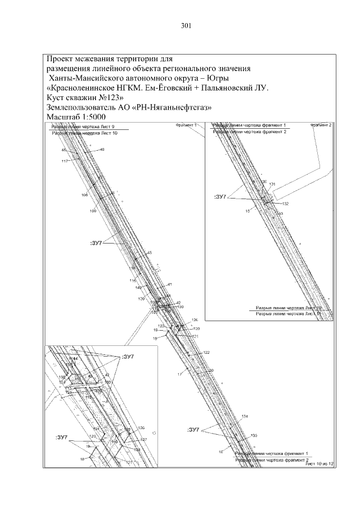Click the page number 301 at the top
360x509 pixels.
[x=187, y=25]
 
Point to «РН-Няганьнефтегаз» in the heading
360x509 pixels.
[x=174, y=107]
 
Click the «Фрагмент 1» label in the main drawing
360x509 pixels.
[x=186, y=124]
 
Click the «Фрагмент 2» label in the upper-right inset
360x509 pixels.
[x=321, y=124]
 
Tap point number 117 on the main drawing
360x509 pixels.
[x=65, y=161]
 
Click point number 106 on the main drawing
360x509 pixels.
[x=85, y=195]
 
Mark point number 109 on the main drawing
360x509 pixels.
[x=93, y=210]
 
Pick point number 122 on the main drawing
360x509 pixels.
[x=206, y=352]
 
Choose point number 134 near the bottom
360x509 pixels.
[x=245, y=416]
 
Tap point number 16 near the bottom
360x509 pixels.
[x=221, y=452]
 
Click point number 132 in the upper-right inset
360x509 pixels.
[x=285, y=204]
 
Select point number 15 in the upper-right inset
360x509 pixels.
[x=247, y=210]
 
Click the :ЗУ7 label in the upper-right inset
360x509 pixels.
[x=220, y=197]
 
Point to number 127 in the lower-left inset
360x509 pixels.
[x=143, y=439]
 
